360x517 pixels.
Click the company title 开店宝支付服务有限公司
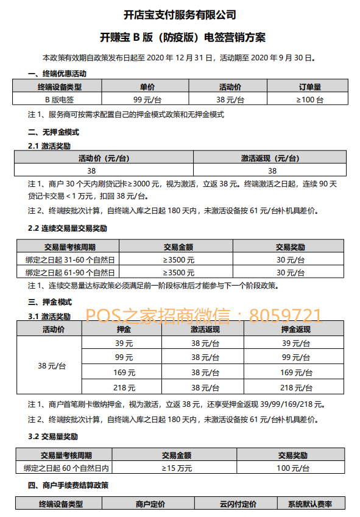180,15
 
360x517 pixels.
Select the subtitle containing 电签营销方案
180,37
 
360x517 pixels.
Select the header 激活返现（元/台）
270,158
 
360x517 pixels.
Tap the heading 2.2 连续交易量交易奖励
67,229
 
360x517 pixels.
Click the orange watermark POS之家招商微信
203,315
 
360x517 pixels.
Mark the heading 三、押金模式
50,302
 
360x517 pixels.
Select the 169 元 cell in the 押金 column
124,372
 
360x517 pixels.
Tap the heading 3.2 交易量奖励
53,437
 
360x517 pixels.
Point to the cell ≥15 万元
177,468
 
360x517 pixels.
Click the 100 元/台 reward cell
293,468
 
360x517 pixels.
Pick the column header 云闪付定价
238,504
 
